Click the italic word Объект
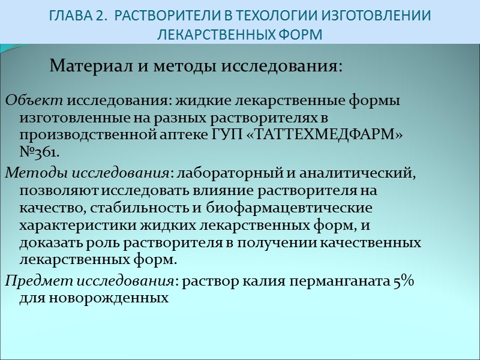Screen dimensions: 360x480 point(34,100)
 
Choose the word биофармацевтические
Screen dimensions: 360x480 point(290,208)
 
